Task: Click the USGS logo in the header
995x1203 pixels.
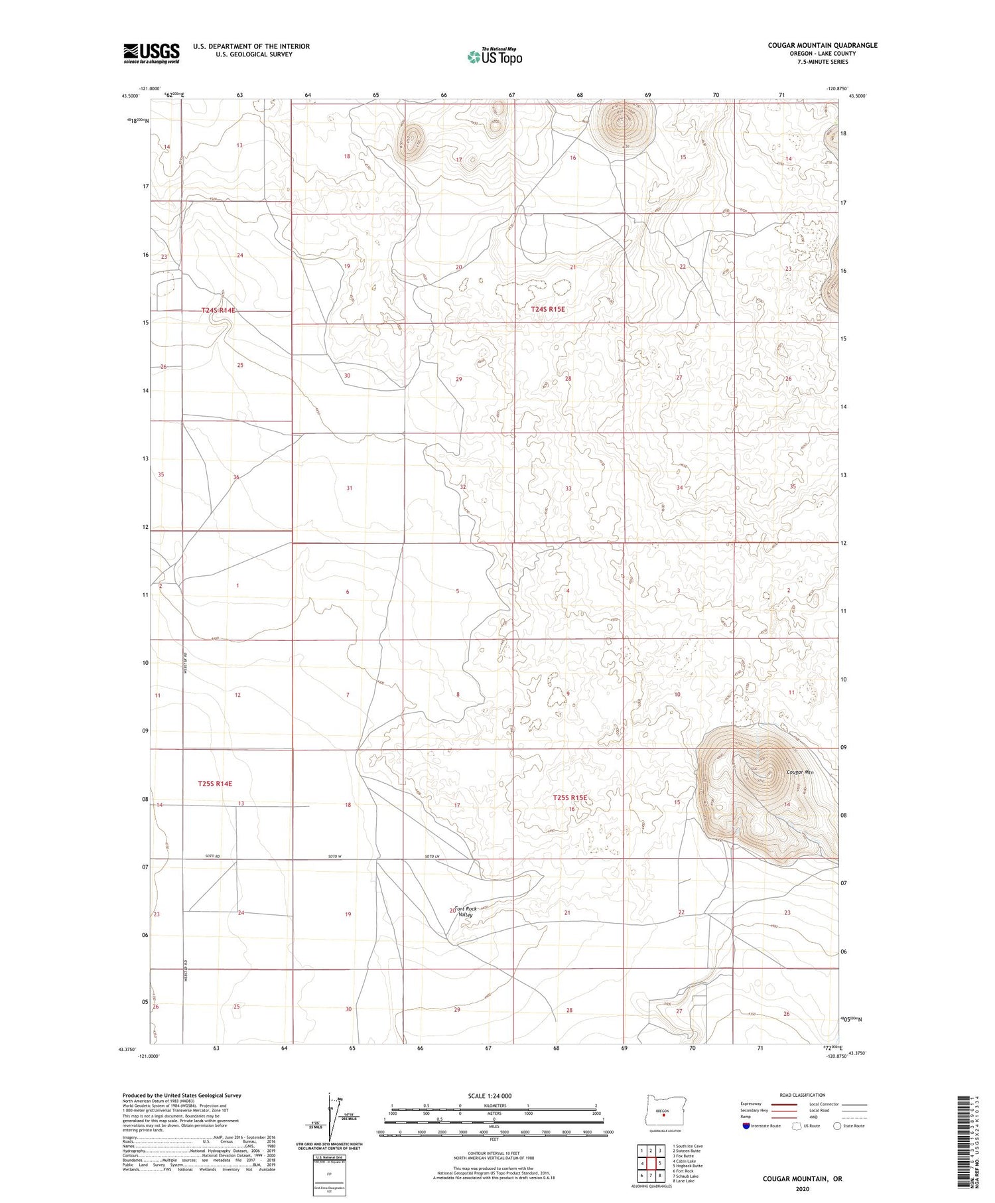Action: (151, 53)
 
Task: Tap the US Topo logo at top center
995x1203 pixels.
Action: (494, 57)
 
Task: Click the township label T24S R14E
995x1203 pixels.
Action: (218, 310)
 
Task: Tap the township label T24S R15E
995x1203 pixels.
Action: (548, 309)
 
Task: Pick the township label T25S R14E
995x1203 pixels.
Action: (215, 784)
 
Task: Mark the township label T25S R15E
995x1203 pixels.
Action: (570, 798)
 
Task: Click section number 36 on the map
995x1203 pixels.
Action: (236, 477)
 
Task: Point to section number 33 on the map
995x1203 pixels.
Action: (568, 488)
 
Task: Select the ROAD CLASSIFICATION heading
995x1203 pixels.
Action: (803, 1095)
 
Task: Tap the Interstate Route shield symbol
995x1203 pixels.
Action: (746, 1125)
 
